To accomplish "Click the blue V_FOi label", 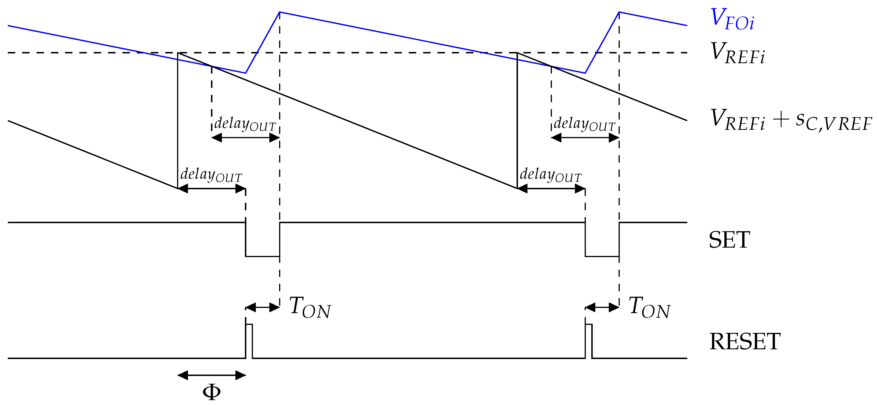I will click(x=732, y=20).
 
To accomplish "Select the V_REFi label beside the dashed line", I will click(x=737, y=53).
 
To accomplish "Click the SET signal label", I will click(x=729, y=240).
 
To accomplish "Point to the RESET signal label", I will click(x=744, y=342).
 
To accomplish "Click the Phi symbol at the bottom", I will click(x=212, y=392).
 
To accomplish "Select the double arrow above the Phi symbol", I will click(x=212, y=376).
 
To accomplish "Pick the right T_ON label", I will click(x=649, y=308).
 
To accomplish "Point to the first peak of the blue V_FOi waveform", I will click(x=279, y=13).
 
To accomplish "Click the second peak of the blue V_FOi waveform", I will click(x=619, y=13).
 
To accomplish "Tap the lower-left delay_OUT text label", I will click(x=211, y=175).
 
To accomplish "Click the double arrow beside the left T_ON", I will click(x=262, y=308).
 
